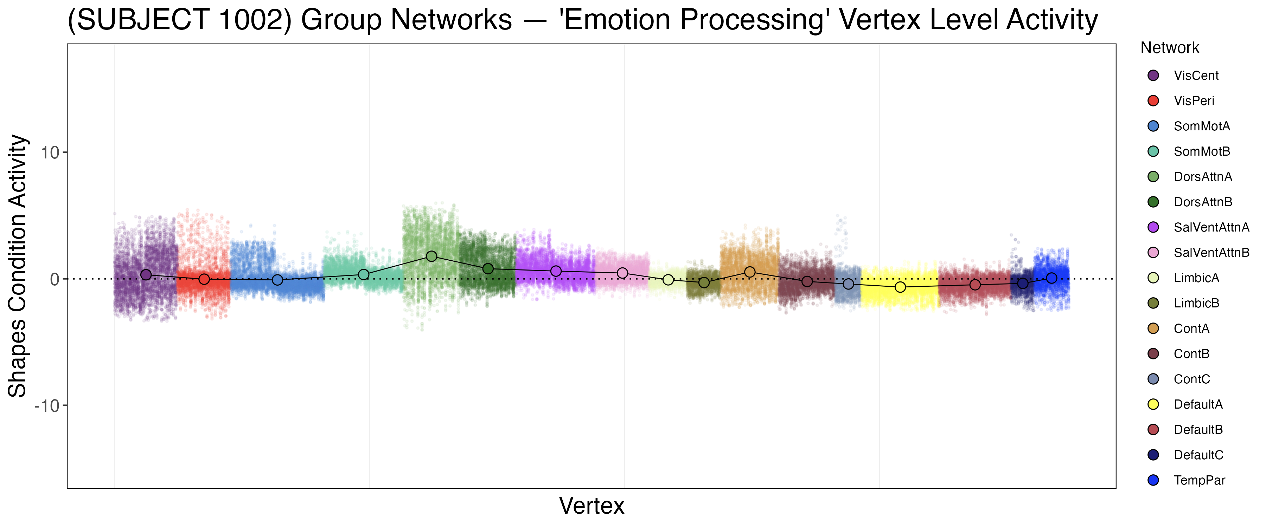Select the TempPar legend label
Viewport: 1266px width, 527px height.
click(x=1199, y=480)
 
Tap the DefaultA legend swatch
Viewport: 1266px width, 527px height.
click(x=1153, y=404)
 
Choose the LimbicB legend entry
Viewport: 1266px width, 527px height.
click(x=1196, y=303)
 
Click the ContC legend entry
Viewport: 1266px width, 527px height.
click(x=1191, y=379)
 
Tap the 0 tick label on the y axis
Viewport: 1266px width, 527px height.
click(x=55, y=279)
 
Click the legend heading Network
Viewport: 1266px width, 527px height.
click(x=1170, y=48)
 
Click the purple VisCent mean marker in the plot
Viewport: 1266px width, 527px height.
click(x=146, y=274)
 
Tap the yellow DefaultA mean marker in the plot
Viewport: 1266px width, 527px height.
click(x=900, y=287)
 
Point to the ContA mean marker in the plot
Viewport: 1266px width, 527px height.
click(x=749, y=272)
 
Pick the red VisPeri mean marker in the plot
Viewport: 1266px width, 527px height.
click(x=204, y=279)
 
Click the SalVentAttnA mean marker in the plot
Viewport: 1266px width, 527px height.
click(x=556, y=271)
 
